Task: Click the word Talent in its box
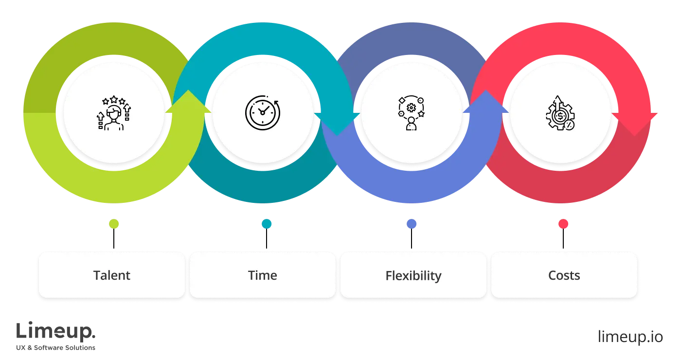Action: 112,275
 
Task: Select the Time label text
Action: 263,275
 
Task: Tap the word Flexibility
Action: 413,276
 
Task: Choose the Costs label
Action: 564,275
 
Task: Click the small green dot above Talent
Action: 114,224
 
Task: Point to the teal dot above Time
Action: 267,224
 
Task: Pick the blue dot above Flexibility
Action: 412,224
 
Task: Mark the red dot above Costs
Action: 563,224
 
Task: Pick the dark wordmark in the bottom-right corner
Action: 630,335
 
